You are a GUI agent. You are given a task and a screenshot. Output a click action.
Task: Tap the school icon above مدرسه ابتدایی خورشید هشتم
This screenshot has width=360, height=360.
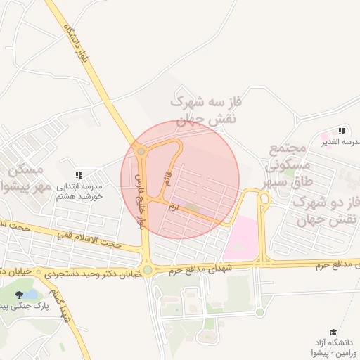click(79, 174)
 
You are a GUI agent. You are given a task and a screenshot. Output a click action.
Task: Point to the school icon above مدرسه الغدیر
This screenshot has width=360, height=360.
click(342, 131)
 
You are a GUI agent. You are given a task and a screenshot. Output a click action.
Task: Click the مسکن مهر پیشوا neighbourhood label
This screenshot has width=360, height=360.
click(28, 179)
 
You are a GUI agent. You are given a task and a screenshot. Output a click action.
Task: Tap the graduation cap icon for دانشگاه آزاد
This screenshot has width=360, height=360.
click(333, 332)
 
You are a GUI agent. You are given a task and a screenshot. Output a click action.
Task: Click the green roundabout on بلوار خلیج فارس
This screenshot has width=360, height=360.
click(148, 270)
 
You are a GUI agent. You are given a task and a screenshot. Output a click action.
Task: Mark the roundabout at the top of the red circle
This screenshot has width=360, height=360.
click(141, 150)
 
